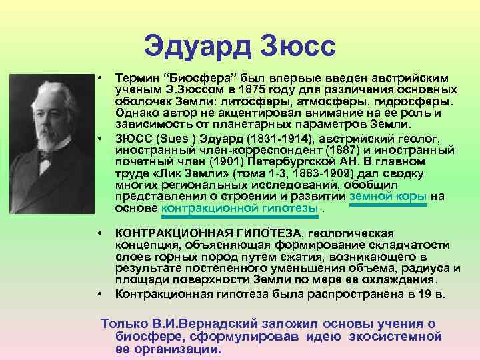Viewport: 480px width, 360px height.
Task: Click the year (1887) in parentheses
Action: [283, 149]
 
